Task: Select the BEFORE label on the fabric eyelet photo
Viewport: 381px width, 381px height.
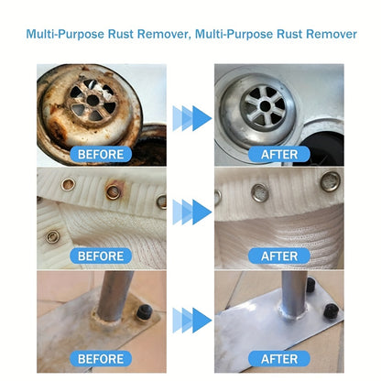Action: click(101, 256)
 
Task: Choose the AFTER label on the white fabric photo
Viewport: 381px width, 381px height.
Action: click(279, 256)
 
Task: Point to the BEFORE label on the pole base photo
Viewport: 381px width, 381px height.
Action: click(101, 358)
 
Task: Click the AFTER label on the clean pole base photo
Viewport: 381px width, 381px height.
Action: click(279, 358)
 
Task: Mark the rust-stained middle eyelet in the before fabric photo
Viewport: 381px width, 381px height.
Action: click(114, 191)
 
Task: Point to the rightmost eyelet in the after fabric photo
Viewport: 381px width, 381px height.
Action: click(331, 180)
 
